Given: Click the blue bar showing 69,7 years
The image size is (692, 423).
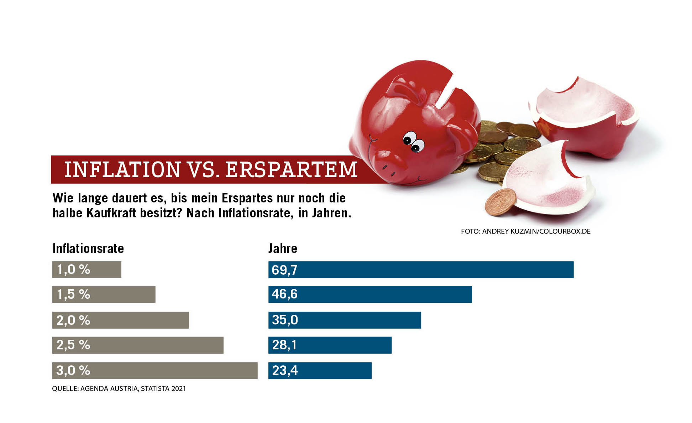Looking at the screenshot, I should pos(421,270).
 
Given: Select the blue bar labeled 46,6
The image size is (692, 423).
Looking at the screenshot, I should pos(370,295).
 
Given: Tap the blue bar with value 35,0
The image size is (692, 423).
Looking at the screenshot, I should pos(345,320).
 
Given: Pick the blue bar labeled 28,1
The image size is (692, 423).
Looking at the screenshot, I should pos(330,345).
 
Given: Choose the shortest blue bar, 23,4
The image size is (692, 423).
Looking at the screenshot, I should pos(320,371).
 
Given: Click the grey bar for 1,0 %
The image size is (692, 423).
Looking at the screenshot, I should pos(86,270).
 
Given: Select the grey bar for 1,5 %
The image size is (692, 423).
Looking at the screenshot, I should pos(104,295).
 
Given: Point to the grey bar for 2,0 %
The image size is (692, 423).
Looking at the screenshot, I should pos(120,320).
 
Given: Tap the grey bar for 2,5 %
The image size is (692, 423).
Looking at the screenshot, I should pos(137,345).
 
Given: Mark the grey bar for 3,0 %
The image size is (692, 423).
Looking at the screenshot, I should pos(154,371).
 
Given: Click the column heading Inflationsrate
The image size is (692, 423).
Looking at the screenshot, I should pos(88,248).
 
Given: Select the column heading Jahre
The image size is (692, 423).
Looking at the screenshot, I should pos(283,248).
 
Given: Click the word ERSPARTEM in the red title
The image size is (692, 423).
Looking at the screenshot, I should pos(291,170).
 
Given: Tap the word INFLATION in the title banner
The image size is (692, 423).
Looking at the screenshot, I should pos(122,170).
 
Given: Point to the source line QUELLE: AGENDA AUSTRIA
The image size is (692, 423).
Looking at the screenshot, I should pos(119,388).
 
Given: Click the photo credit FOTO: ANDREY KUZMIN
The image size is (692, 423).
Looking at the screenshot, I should pos(525,231).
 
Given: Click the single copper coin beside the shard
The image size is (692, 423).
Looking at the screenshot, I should pos(500,202).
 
